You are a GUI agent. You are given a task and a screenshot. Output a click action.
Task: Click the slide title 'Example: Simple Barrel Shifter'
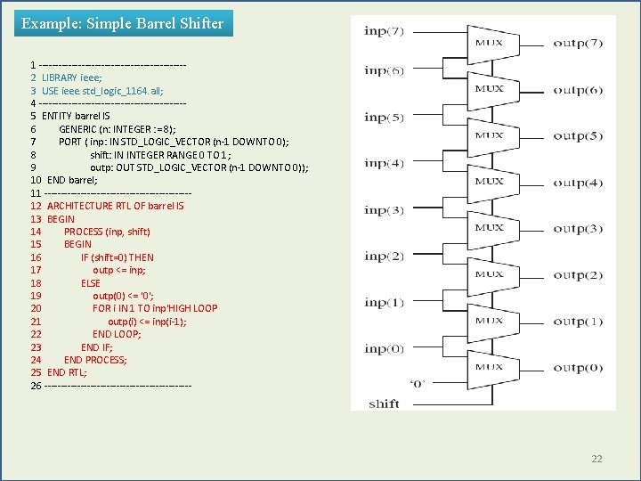[122, 23]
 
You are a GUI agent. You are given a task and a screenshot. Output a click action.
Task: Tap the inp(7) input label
[384, 31]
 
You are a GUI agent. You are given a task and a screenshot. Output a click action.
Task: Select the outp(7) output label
[578, 43]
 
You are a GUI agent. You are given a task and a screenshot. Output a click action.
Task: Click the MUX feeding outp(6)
[488, 89]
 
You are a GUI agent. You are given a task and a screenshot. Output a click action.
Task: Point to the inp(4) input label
[384, 164]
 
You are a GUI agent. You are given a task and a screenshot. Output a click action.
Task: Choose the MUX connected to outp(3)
[488, 228]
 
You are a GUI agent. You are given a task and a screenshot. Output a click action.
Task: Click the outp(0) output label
[578, 367]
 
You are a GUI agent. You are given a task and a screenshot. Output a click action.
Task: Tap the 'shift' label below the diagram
[384, 404]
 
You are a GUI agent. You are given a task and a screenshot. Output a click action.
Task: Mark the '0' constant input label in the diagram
[416, 384]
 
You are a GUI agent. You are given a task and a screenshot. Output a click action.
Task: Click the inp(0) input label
[384, 349]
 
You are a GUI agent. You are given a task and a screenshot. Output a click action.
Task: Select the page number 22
[596, 459]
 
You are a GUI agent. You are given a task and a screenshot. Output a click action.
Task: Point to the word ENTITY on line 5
[58, 116]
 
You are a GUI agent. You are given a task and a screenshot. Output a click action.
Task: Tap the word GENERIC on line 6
[79, 129]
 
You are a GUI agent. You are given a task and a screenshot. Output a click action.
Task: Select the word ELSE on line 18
[91, 283]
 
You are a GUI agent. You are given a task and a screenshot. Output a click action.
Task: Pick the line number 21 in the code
[36, 322]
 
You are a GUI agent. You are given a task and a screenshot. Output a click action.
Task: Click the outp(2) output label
[578, 274]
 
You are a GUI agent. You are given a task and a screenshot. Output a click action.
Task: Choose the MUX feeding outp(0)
[488, 367]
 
